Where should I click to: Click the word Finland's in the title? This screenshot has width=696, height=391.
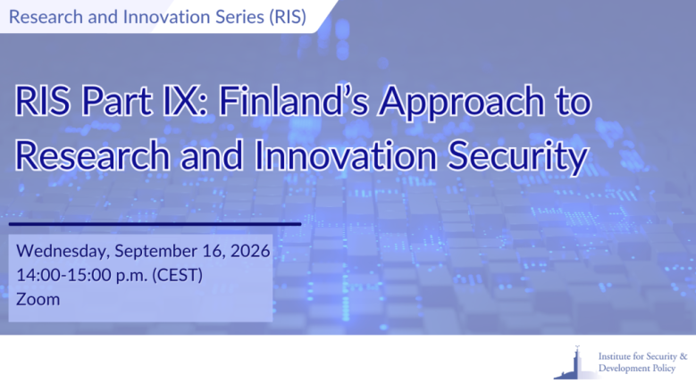pyautogui.click(x=293, y=102)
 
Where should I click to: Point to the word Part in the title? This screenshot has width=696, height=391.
pyautogui.click(x=117, y=102)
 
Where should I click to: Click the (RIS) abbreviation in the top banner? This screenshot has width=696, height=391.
pyautogui.click(x=288, y=17)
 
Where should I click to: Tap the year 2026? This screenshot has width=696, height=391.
pyautogui.click(x=250, y=251)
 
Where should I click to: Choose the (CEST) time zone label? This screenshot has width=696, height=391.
pyautogui.click(x=178, y=275)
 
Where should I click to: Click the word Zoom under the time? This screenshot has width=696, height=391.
pyautogui.click(x=38, y=299)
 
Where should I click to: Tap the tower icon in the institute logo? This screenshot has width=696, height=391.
pyautogui.click(x=574, y=363)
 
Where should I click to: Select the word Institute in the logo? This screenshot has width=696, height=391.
pyautogui.click(x=615, y=356)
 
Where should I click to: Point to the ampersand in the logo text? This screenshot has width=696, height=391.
pyautogui.click(x=683, y=356)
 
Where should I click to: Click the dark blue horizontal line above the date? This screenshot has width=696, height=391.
pyautogui.click(x=155, y=224)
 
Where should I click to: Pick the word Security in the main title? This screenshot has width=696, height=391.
pyautogui.click(x=518, y=157)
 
